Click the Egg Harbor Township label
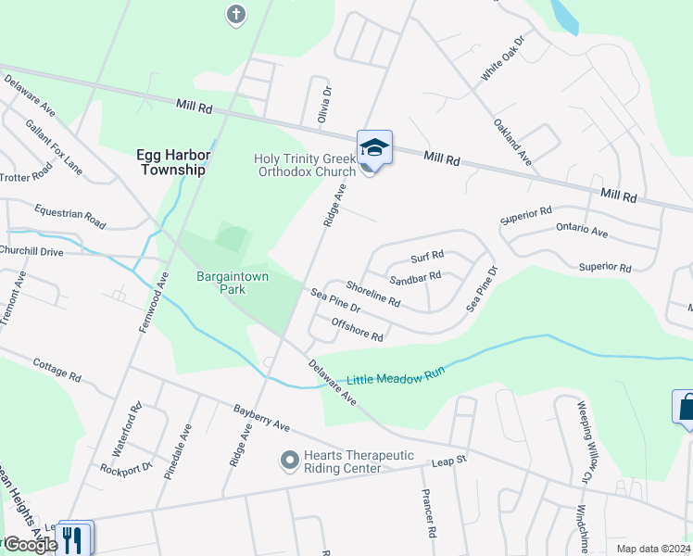[x=171, y=162]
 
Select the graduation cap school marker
[x=374, y=147]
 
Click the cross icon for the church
[x=236, y=14]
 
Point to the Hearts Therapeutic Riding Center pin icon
[x=289, y=460]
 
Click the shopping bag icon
[x=686, y=408]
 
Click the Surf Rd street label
[x=427, y=255]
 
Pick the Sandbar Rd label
[x=414, y=276]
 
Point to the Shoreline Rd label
[x=372, y=294]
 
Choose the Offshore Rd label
[x=357, y=329]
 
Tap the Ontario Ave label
[x=581, y=231]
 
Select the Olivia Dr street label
[x=325, y=102]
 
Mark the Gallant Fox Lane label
[x=54, y=146]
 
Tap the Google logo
[x=30, y=545]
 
